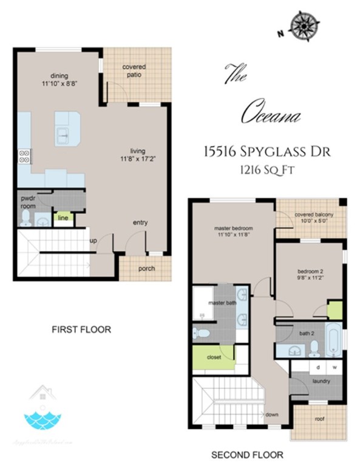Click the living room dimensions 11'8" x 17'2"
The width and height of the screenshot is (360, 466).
(138, 160)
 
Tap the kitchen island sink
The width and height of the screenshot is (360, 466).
(63, 135)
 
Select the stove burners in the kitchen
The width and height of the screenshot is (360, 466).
(24, 156)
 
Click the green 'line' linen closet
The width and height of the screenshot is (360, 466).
(63, 217)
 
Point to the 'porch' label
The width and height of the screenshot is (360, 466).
(146, 268)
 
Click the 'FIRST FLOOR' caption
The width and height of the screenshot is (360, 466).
(81, 329)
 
